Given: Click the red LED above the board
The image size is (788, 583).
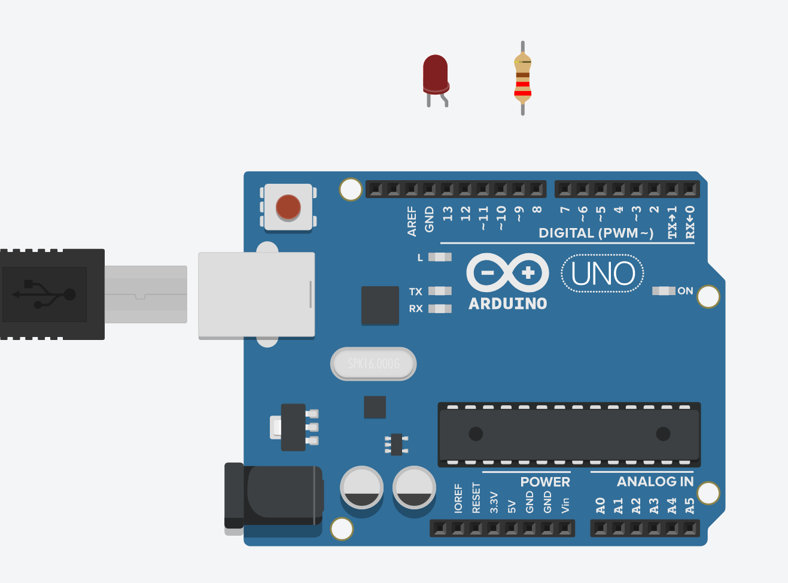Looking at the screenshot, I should (x=435, y=74).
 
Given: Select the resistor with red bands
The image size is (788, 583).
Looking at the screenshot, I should (x=522, y=78).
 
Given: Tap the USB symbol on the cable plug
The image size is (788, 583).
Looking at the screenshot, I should (x=45, y=294).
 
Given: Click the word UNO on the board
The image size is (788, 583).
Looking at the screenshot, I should (x=603, y=274).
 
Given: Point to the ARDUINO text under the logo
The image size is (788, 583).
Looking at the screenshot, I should (x=507, y=303).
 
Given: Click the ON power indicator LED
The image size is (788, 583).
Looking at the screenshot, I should (x=664, y=291).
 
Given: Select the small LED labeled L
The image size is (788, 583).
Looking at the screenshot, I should (x=440, y=257).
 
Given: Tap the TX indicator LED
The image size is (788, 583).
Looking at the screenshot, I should (x=440, y=291).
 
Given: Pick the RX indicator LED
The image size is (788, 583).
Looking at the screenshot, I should (x=440, y=309).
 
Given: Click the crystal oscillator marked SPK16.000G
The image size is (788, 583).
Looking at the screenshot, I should (x=373, y=364).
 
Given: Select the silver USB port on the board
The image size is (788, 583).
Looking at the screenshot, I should (x=256, y=294).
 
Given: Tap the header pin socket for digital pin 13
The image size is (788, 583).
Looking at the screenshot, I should (x=447, y=189).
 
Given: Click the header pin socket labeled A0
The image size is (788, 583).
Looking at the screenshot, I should (x=601, y=529).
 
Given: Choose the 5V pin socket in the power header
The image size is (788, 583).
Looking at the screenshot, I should (x=512, y=529).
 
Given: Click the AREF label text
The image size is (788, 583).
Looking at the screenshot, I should (x=412, y=221).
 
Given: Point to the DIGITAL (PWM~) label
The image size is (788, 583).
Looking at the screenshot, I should (x=596, y=233).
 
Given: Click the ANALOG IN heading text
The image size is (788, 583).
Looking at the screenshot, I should (x=655, y=482).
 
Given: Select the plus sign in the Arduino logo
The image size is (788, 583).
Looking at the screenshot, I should (x=528, y=273).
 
